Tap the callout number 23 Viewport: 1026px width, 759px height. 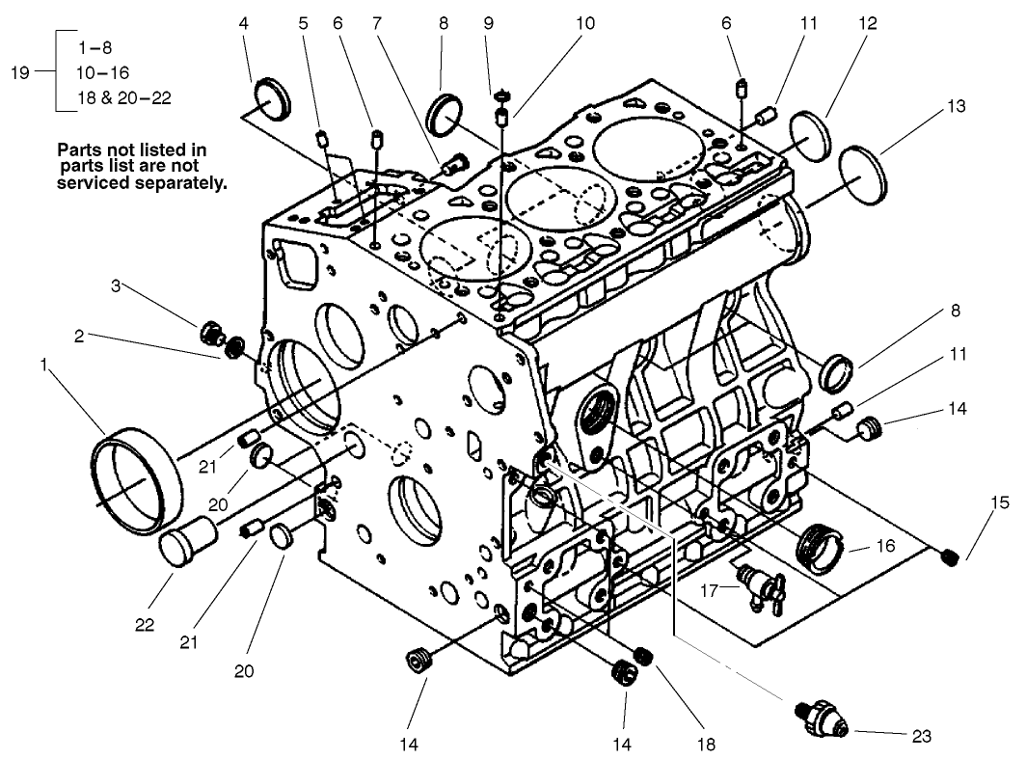[x=921, y=736]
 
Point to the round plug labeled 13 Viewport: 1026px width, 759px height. [x=863, y=175]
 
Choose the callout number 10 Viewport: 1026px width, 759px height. [x=585, y=21]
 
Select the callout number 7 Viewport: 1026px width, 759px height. [x=376, y=21]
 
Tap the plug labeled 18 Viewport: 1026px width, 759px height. [x=643, y=657]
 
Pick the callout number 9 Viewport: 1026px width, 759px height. [x=488, y=21]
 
